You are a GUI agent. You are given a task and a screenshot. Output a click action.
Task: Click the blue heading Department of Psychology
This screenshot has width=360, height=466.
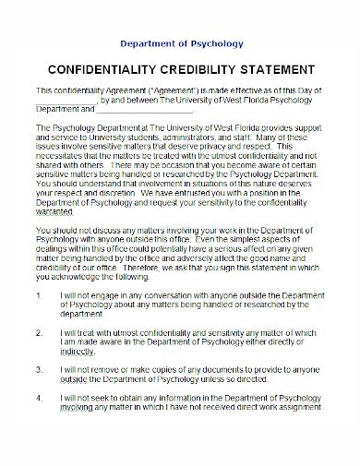click(x=180, y=42)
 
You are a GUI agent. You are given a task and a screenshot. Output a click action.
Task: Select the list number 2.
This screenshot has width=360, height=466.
click(x=38, y=329)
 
